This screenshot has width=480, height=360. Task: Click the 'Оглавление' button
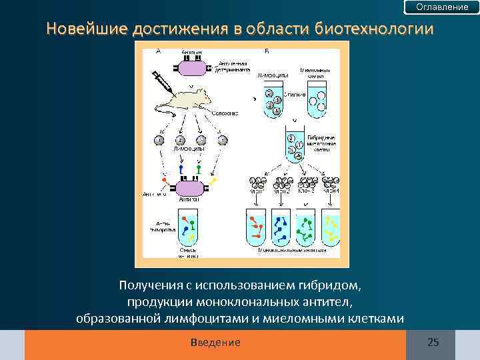[442, 7]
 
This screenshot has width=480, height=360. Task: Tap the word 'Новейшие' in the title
[87, 29]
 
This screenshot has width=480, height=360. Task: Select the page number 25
[433, 343]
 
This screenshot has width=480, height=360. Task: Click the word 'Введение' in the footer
[215, 343]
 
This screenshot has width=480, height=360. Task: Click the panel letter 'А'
[158, 51]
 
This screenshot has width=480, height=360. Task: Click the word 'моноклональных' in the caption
[253, 302]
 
